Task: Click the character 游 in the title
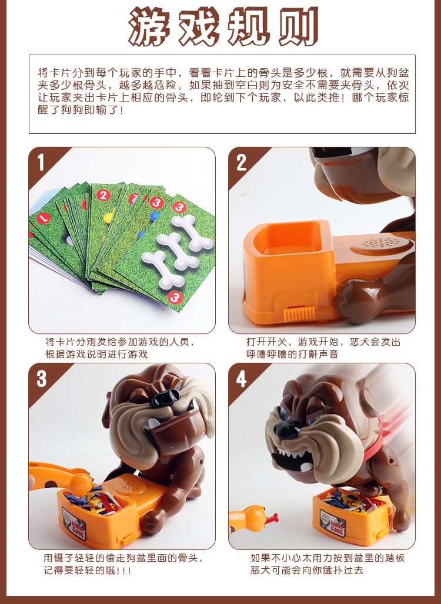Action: [x=149, y=26]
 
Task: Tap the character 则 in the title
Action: [x=298, y=26]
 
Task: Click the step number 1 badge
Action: [x=41, y=163]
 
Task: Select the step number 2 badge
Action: [x=242, y=163]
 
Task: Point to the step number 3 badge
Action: [x=42, y=379]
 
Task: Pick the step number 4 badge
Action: [x=242, y=379]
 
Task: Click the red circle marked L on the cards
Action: [x=43, y=218]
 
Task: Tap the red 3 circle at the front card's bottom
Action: [x=175, y=297]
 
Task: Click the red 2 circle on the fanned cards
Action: [x=103, y=195]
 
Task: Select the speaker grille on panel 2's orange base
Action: [x=379, y=244]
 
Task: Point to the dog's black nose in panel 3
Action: [x=166, y=397]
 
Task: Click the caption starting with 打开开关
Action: [x=323, y=348]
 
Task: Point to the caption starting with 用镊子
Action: [x=123, y=564]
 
